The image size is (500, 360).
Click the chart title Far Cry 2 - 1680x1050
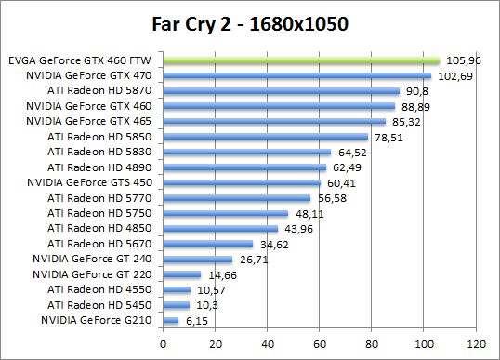(x=250, y=23)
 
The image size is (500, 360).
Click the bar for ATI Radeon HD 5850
(x=266, y=137)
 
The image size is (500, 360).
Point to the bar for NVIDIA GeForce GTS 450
(x=243, y=182)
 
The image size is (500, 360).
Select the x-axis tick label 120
(x=477, y=340)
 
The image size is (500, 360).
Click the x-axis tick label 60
(x=321, y=340)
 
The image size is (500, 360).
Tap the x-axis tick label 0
(x=164, y=340)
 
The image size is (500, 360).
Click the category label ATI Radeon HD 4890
(x=102, y=167)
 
